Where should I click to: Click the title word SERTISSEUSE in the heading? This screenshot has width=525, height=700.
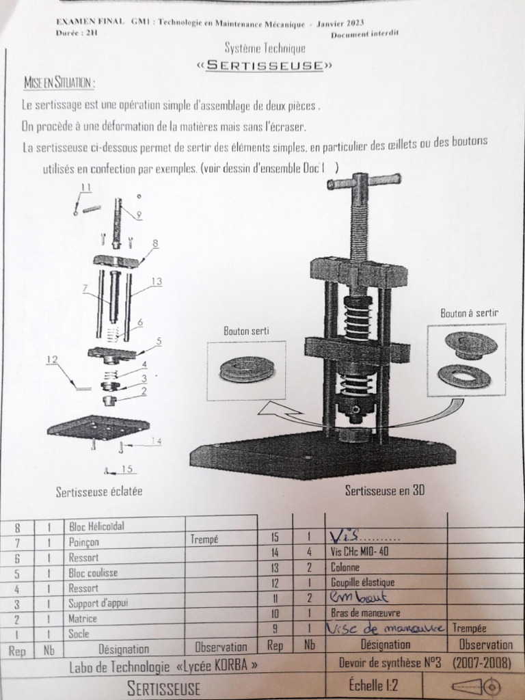coord(265,66)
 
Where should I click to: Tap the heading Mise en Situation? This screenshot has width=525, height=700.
coord(59,83)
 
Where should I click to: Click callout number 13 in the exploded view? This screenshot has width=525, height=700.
coord(156,281)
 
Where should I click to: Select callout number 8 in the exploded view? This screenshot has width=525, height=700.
coord(155,243)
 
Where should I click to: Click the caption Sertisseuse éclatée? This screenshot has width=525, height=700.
coord(99,491)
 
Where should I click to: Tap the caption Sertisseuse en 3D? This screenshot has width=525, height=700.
coord(385,490)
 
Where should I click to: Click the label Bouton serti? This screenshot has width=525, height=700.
coord(246,331)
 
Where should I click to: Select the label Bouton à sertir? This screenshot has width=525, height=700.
coord(469,313)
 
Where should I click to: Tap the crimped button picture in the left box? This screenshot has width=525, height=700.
coord(247,370)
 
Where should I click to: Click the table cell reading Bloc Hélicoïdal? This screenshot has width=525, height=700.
coord(96,526)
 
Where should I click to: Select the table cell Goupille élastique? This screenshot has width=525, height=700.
coord(362,582)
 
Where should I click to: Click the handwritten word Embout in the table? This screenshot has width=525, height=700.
coord(354,597)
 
